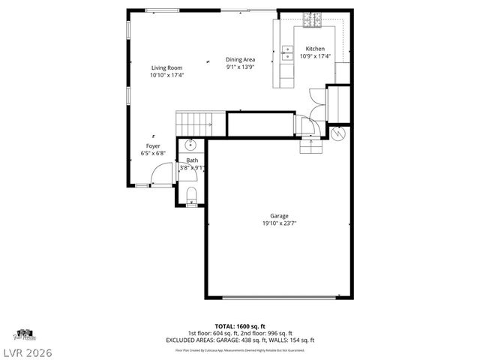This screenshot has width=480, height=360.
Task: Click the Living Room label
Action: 166,67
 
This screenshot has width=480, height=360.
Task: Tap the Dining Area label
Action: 241,59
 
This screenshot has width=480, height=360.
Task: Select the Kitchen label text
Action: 315,49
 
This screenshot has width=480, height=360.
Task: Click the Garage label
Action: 279,216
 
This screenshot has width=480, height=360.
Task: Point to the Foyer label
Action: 153,145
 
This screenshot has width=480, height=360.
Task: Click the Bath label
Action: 192,160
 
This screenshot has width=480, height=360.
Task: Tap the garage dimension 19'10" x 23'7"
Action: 279,223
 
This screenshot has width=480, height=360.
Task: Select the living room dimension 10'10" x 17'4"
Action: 166,75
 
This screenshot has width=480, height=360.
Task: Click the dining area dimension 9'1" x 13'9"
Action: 241,67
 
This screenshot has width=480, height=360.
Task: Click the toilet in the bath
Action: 191,196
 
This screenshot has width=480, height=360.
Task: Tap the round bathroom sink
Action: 190,144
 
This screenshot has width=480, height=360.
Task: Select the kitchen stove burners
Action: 311,24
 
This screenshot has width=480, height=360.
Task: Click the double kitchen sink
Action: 286,52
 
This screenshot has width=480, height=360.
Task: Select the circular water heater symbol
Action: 338,134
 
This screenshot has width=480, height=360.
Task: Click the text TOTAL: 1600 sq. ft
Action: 239,326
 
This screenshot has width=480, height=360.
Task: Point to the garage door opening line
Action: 279,298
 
